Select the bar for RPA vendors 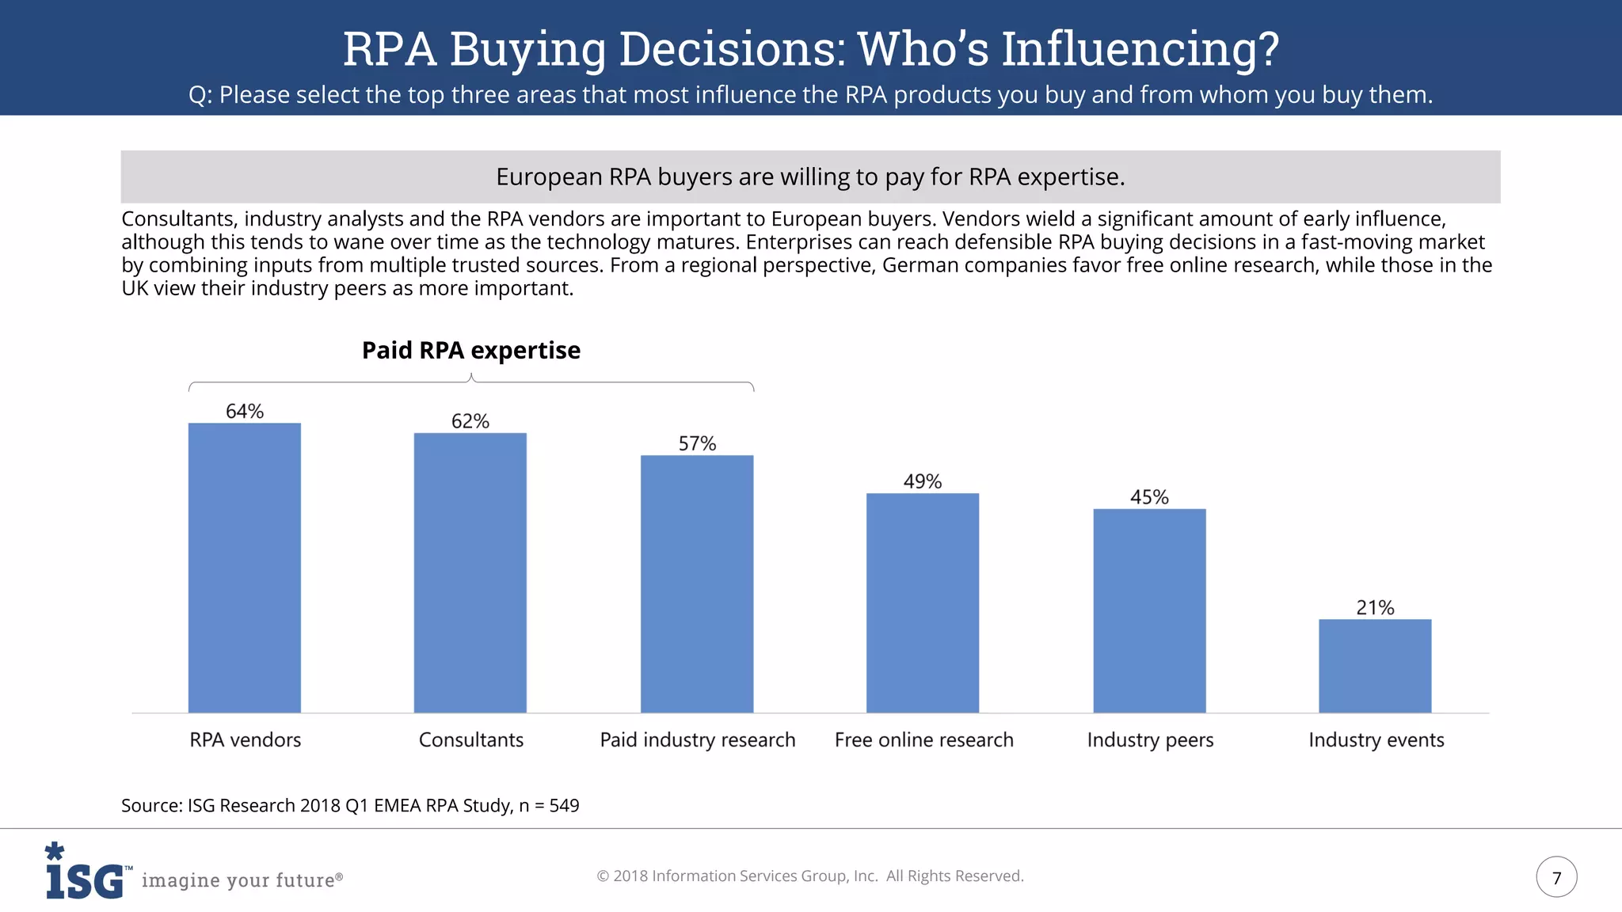coord(244,568)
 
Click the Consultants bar coord(470,572)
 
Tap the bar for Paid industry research coord(696,583)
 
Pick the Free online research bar coord(922,602)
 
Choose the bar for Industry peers coord(1149,610)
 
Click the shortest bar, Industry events coord(1375,666)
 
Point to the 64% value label coord(244,411)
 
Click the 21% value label coord(1375,607)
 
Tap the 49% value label coord(922,481)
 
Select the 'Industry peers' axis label coord(1150,739)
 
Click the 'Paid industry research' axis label coord(697,739)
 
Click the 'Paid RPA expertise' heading coord(470,350)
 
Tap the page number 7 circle coord(1556,877)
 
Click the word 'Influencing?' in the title coord(1140,48)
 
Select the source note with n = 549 coord(350,805)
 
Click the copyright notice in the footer coord(809,876)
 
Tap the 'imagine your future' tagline coord(242,880)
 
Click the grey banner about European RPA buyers coord(809,177)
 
